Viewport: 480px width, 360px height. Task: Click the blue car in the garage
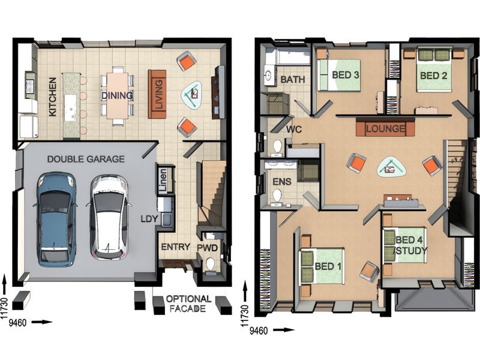pyautogui.click(x=56, y=218)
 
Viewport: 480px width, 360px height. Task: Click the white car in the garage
pyautogui.click(x=109, y=217)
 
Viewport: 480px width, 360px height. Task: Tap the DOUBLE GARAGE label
pyautogui.click(x=86, y=159)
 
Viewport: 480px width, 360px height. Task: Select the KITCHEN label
pyautogui.click(x=52, y=97)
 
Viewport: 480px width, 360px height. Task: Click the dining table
pyautogui.click(x=117, y=95)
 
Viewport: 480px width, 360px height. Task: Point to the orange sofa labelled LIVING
pyautogui.click(x=157, y=94)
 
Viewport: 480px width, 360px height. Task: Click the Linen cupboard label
pyautogui.click(x=163, y=181)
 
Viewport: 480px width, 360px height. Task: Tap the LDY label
pyautogui.click(x=149, y=219)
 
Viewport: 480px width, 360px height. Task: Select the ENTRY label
pyautogui.click(x=175, y=247)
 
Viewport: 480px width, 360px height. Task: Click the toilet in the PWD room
pyautogui.click(x=211, y=265)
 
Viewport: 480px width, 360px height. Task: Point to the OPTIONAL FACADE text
pyautogui.click(x=188, y=304)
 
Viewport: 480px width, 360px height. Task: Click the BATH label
pyautogui.click(x=293, y=80)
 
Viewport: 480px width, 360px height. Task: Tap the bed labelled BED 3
pyautogui.click(x=339, y=75)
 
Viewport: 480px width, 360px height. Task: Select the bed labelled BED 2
pyautogui.click(x=434, y=70)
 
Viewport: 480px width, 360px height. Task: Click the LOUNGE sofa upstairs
pyautogui.click(x=385, y=128)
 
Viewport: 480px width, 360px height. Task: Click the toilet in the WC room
pyautogui.click(x=277, y=146)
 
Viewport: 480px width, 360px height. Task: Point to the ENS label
pyautogui.click(x=282, y=182)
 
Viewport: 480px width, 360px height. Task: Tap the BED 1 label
pyautogui.click(x=328, y=266)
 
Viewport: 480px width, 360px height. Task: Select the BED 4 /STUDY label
pyautogui.click(x=410, y=245)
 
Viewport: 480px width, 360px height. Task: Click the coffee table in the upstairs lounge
pyautogui.click(x=392, y=168)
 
